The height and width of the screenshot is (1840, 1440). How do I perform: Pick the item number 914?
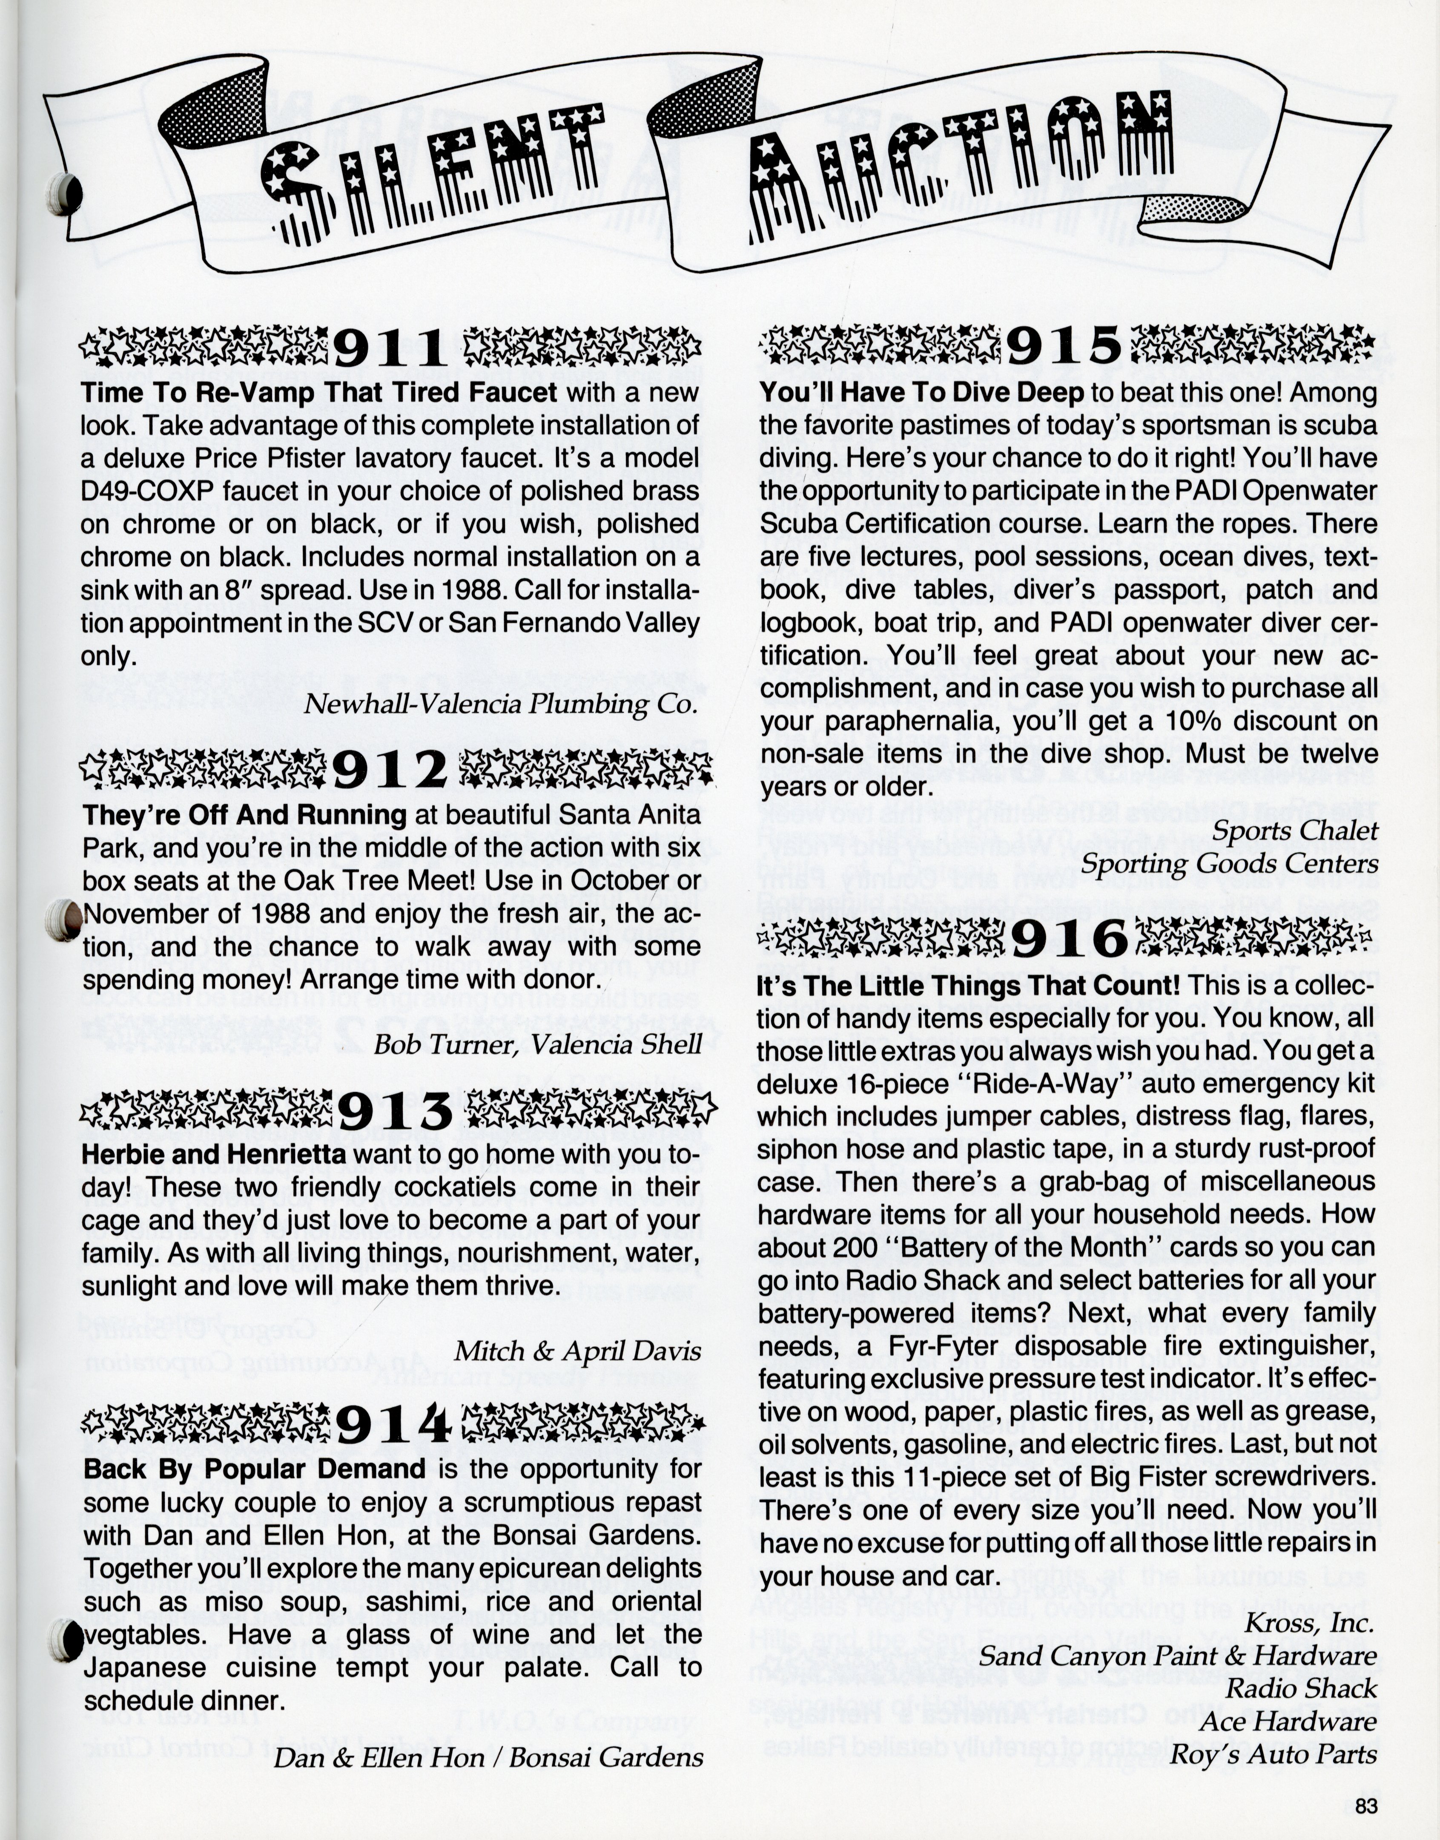coord(393,1425)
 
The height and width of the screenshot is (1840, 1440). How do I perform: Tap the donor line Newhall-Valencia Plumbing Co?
coord(501,704)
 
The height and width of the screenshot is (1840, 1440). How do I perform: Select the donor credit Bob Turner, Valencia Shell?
coord(537,1045)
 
